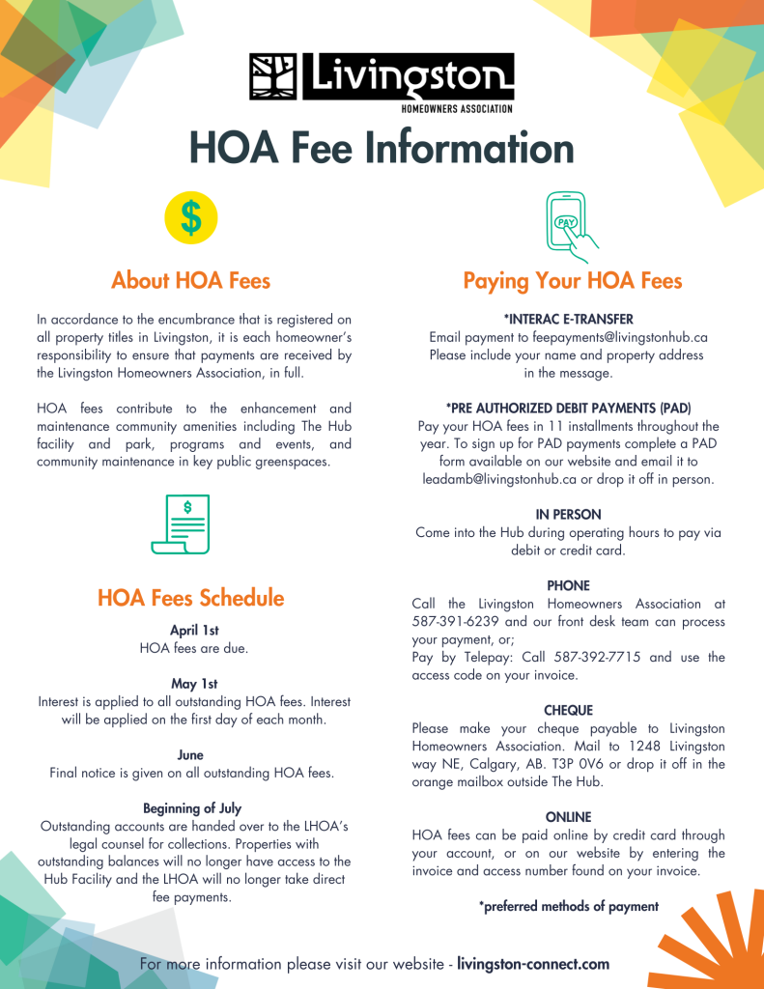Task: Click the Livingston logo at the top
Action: click(x=382, y=80)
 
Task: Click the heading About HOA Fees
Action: click(x=191, y=281)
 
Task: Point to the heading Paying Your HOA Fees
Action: click(x=573, y=281)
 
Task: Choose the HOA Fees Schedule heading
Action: click(x=191, y=598)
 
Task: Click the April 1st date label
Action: click(x=194, y=631)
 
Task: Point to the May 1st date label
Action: click(x=194, y=684)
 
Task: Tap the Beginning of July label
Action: click(x=192, y=808)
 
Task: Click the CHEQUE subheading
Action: click(x=568, y=711)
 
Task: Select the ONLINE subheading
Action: click(x=568, y=817)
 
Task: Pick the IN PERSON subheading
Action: click(x=568, y=515)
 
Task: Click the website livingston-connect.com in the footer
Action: click(x=533, y=964)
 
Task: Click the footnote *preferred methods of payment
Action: click(x=569, y=906)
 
